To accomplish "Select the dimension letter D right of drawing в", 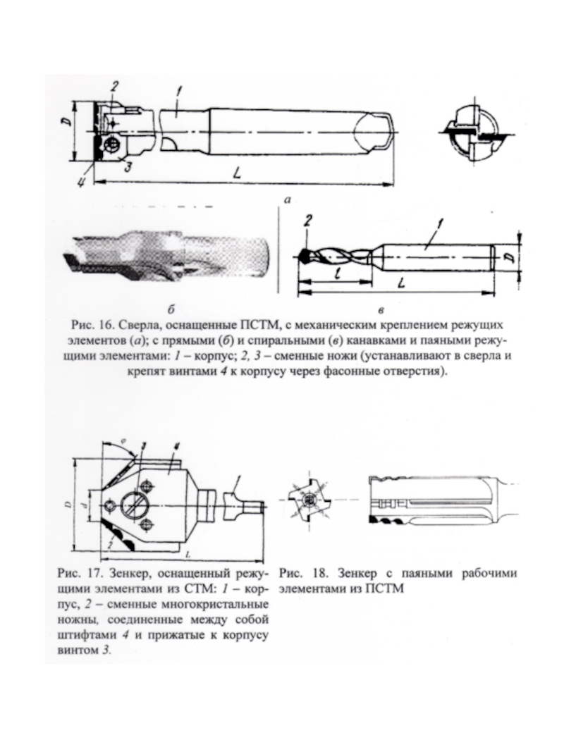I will [512, 254].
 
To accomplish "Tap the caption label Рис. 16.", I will [90, 326].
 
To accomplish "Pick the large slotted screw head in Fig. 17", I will [137, 503].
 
